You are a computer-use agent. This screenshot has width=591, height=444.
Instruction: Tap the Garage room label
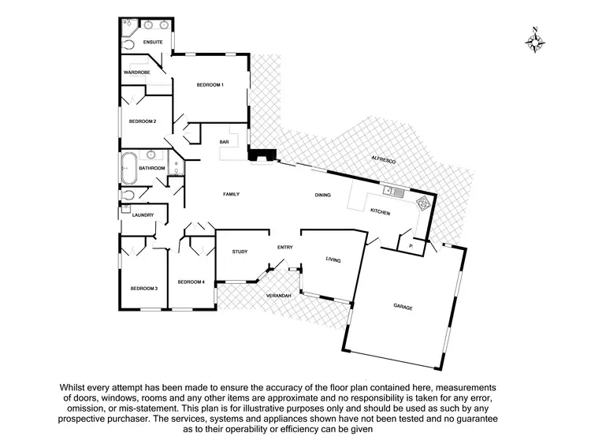coord(403,307)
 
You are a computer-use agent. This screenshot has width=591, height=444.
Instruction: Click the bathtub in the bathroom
coord(128,167)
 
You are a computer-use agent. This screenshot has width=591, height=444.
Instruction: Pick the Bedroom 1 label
coord(210,84)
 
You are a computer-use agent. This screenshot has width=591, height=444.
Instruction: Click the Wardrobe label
coord(137,72)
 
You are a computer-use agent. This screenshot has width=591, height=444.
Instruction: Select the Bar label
coord(224,141)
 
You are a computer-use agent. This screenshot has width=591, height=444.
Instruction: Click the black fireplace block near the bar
coord(258,156)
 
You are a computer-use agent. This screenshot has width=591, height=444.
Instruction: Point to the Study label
coord(240,252)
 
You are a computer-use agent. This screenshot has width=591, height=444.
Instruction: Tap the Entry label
coord(284,248)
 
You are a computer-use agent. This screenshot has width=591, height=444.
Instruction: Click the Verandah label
coord(278,295)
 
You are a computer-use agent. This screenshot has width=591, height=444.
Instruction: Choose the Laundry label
coord(143,215)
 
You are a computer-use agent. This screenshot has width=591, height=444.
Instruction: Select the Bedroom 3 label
coord(144,288)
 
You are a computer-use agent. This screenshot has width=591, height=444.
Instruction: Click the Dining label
coord(323,194)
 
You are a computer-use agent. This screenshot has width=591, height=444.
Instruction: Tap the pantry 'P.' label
coord(412,246)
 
